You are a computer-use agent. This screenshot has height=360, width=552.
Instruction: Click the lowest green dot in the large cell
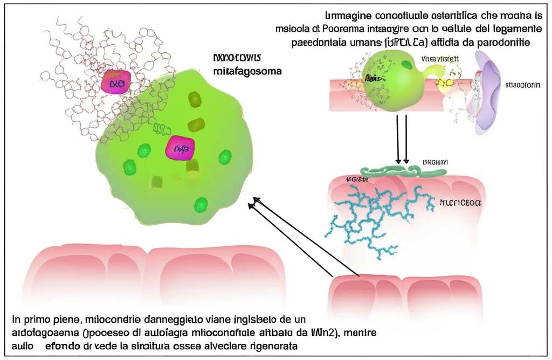(201, 205)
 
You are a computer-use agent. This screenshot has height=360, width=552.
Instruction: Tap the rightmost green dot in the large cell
(225, 157)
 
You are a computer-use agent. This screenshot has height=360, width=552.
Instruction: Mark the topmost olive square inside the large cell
(194, 98)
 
